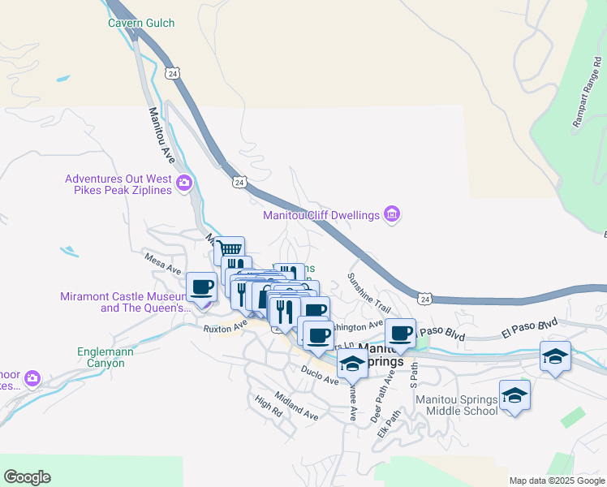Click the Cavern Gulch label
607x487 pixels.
[141, 23]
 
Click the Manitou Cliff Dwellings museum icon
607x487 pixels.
[393, 214]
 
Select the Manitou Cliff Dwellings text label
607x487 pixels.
[321, 215]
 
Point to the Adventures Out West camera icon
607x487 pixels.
[184, 183]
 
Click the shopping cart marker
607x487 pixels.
[230, 248]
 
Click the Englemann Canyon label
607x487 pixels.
[101, 357]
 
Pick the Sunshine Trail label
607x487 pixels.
[370, 291]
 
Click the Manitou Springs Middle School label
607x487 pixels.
[457, 404]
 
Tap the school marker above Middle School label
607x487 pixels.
[514, 395]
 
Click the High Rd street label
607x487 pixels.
[268, 405]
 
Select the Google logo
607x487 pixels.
[27, 477]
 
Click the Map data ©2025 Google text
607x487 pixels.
[557, 481]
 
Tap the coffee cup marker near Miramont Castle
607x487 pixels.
[201, 286]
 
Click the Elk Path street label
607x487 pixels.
[390, 423]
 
